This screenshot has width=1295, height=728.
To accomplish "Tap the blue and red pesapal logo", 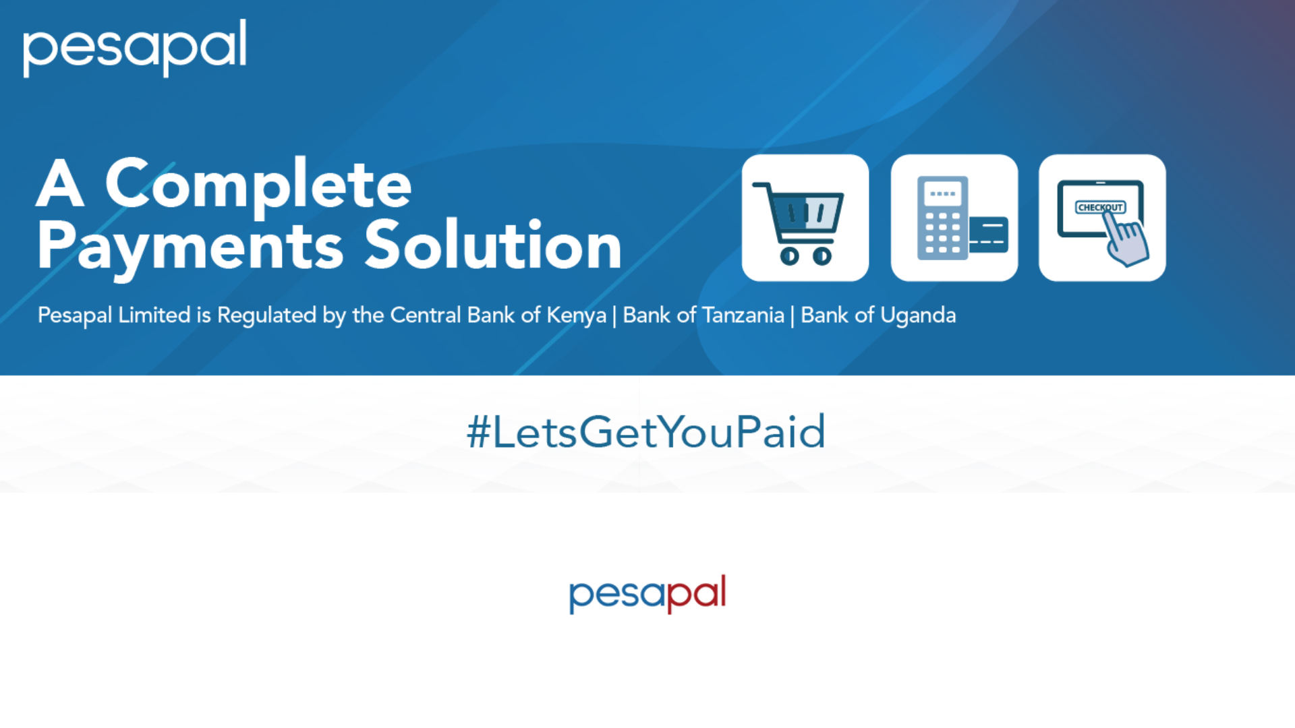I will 647,593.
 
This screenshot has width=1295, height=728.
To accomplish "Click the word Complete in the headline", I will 258,185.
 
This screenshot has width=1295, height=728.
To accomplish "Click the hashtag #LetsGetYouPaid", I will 646,431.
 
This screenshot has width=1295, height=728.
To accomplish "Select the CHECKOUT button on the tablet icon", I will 1099,207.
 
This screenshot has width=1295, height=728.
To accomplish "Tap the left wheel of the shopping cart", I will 790,256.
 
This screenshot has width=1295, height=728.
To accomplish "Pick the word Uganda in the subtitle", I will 918,315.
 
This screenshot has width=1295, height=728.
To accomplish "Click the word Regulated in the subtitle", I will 266,315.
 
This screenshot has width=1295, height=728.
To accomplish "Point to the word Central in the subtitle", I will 426,315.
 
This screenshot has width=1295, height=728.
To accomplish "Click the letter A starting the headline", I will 60,185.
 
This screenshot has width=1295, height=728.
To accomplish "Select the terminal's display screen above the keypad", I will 942,194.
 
